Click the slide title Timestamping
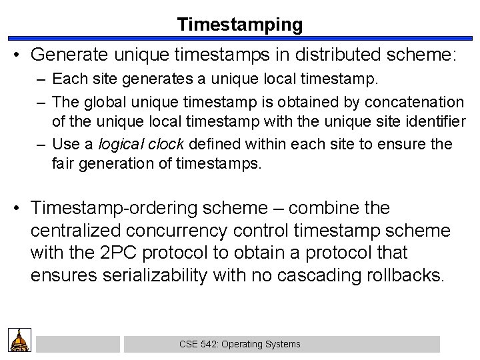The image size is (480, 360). [x=240, y=25]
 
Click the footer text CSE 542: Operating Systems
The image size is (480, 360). [x=240, y=344]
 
